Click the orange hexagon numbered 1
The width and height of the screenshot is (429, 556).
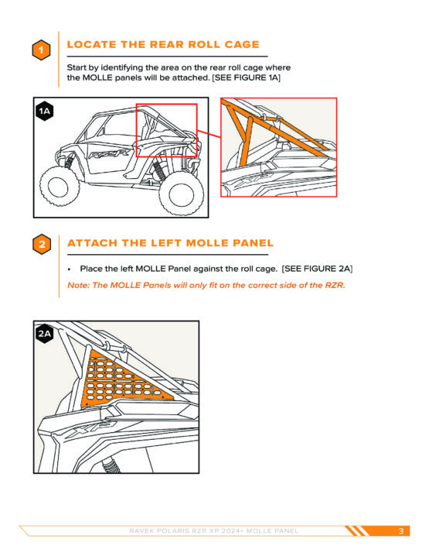coord(41,50)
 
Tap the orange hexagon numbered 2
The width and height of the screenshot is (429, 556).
coord(42,244)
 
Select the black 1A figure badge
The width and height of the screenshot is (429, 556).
coord(45,112)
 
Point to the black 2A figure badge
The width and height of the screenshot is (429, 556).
coord(45,334)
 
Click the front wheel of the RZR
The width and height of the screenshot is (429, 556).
coord(59,186)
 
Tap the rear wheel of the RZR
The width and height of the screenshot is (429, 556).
coord(181,194)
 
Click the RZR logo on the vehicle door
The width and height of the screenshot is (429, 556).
coord(109,154)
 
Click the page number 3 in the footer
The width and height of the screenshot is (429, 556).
coord(400,530)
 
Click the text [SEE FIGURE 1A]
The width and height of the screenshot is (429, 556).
coord(246,77)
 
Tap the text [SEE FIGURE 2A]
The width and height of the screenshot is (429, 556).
coord(317,269)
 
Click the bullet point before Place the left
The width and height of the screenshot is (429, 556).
coord(70,269)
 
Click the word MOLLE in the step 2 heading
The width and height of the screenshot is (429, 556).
coord(207,243)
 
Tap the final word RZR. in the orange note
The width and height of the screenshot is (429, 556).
coord(335,285)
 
